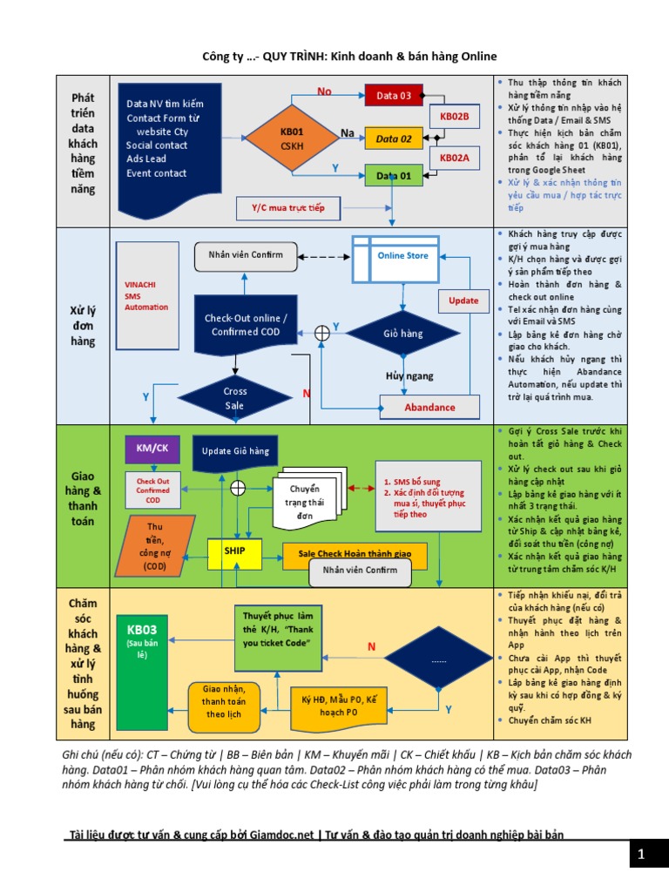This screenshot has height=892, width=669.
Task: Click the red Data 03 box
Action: [x=394, y=95]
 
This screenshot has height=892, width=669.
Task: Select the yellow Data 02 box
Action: [x=394, y=138]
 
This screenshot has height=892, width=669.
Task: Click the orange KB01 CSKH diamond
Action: [x=291, y=138]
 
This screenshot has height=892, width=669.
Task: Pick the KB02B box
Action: [x=454, y=116]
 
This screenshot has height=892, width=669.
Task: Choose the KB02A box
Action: [x=454, y=158]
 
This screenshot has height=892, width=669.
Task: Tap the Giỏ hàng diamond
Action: [x=402, y=333]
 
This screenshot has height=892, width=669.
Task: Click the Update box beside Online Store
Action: [x=463, y=301]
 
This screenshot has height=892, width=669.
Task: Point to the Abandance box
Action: [x=429, y=407]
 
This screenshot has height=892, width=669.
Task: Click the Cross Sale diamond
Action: [x=235, y=397]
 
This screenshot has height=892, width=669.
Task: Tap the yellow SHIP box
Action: [x=235, y=551]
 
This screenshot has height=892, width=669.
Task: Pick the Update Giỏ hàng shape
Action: [x=235, y=451]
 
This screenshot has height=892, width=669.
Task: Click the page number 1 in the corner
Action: [x=640, y=855]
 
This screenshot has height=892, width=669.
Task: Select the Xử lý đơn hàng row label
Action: [x=83, y=325]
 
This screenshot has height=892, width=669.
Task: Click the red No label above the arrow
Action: [x=324, y=91]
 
